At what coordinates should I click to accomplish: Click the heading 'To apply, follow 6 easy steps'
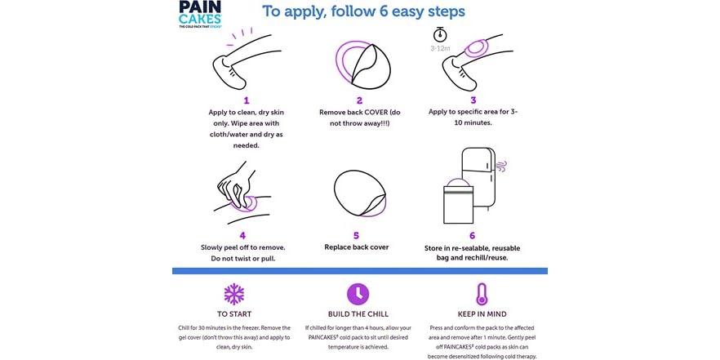(363, 12)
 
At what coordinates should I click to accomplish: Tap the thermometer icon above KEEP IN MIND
(482, 294)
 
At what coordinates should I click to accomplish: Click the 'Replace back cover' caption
(356, 247)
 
